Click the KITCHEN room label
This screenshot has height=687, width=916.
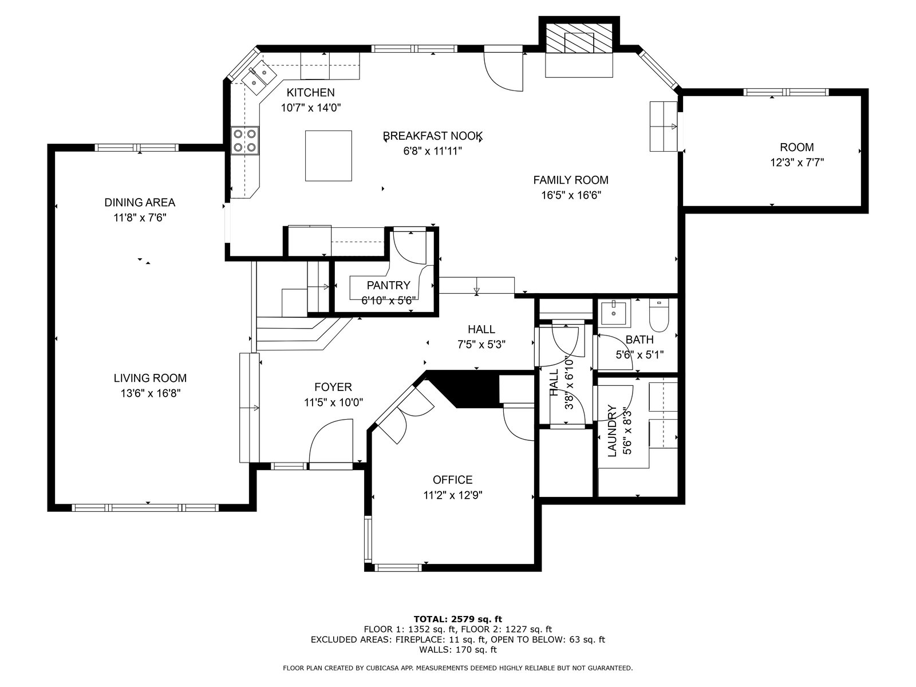310,92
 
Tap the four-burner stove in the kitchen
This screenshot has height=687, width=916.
245,141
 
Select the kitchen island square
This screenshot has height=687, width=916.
329,156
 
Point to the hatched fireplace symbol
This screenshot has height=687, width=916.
579,38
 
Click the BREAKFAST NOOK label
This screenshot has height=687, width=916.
433,136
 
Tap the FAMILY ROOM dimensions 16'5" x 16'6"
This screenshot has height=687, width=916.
571,195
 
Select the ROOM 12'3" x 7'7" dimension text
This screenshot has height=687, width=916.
797,162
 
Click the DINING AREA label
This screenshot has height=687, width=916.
140,202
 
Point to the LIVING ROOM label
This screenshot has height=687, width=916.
150,378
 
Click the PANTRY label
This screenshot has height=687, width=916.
389,285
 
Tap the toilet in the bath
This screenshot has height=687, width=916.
660,316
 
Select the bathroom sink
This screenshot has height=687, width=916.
614,313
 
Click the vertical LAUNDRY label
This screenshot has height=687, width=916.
612,431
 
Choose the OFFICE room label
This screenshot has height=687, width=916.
452,480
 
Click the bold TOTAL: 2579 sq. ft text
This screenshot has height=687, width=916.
458,619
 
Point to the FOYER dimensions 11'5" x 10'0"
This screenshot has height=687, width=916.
333,402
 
